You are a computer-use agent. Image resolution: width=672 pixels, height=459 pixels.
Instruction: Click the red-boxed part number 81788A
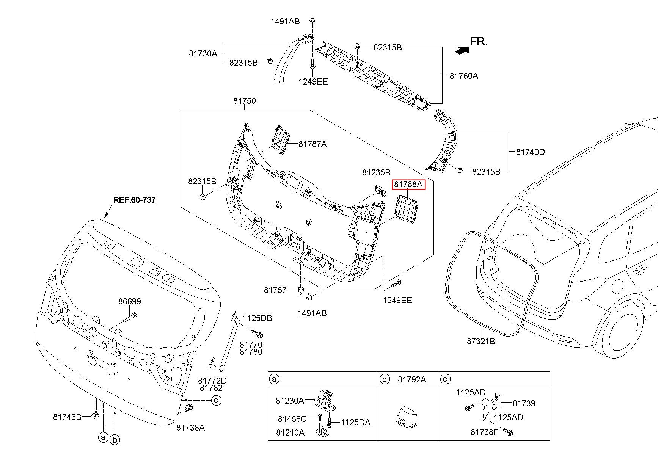coord(408,184)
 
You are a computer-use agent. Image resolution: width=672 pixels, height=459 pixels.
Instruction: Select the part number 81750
coord(244,101)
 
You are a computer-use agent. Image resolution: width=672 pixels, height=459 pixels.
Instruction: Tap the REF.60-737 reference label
coord(134,200)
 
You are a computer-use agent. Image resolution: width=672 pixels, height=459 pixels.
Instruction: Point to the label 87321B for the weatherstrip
coord(481,341)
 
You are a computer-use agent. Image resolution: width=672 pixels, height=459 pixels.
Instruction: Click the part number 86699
coord(129,301)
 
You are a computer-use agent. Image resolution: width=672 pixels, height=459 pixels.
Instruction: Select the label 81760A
coord(464,76)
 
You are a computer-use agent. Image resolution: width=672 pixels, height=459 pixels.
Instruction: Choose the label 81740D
coord(530,152)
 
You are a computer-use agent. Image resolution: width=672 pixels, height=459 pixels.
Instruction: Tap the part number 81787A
coord(312,144)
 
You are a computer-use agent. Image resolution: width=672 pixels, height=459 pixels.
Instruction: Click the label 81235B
coord(376,172)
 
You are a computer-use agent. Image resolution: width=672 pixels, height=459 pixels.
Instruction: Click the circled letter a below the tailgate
coord(103,438)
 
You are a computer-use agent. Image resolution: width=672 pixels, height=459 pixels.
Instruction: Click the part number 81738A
coord(190,428)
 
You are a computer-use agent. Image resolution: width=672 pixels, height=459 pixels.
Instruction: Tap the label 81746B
coord(67,417)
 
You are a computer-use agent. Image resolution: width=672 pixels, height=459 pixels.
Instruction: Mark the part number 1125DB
coord(257,318)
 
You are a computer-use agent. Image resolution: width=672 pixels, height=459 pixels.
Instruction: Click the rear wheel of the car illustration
coord(622,331)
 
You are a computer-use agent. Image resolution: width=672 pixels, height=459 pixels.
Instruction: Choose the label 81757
coord(275,290)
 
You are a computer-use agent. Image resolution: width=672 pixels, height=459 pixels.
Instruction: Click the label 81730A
coord(203,53)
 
